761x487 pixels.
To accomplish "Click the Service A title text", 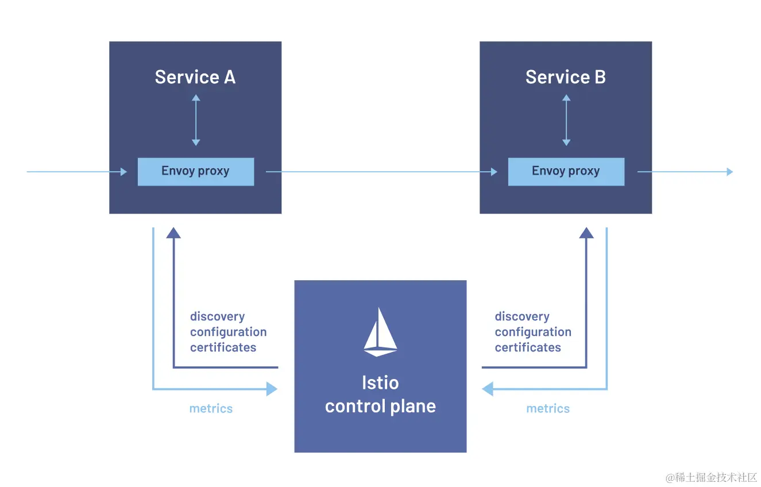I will (195, 77).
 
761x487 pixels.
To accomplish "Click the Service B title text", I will (566, 77).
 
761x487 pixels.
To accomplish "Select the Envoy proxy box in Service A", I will (195, 171).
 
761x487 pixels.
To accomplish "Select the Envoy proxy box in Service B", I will (566, 171).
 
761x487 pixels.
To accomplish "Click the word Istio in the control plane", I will (380, 383).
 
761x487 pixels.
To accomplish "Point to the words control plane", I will (380, 407).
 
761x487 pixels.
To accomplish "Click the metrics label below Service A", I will (211, 409).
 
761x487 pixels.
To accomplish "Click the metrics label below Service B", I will (548, 409).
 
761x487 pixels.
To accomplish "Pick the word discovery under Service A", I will (217, 316).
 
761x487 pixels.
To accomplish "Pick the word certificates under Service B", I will (528, 347).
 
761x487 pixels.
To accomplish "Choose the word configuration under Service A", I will (228, 332).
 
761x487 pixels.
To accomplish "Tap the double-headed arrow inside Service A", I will (196, 120).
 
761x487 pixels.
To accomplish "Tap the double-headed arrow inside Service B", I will (566, 120).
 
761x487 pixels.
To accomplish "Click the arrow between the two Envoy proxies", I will (381, 172).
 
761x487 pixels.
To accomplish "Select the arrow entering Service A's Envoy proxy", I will (77, 172).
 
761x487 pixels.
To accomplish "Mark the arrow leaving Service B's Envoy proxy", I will (685, 172).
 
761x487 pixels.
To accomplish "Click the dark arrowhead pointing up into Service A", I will (173, 233).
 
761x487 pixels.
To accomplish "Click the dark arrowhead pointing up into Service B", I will (586, 233).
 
